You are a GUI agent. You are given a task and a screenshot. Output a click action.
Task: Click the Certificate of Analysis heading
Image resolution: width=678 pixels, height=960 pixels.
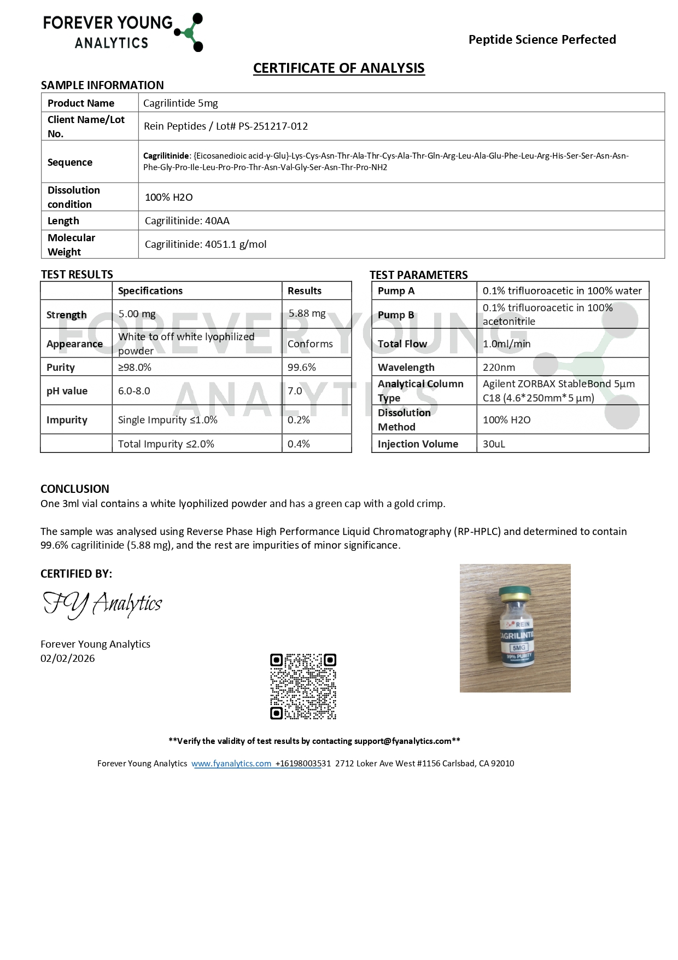[338, 68]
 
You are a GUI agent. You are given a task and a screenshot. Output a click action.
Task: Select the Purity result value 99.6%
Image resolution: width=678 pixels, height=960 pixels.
[302, 368]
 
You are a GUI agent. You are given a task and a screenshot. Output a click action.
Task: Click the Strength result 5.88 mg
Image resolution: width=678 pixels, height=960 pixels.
[307, 313]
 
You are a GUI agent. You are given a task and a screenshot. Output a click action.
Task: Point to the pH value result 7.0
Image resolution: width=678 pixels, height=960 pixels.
[295, 391]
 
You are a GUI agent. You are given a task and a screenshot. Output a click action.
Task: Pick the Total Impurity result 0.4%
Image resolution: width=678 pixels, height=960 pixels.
[299, 444]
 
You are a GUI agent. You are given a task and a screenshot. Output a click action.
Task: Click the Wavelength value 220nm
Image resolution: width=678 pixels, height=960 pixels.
[499, 368]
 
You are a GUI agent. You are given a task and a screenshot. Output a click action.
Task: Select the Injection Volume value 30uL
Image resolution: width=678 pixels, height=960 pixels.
[494, 444]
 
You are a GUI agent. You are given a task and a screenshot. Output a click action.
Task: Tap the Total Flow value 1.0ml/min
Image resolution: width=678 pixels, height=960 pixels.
[506, 344]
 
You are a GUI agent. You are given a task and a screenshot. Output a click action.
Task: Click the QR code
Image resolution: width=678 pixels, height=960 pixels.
[303, 686]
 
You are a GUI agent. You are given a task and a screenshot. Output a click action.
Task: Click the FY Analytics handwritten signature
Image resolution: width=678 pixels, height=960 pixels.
[102, 604]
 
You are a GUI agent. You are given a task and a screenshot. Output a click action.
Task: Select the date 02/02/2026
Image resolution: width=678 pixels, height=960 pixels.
[68, 659]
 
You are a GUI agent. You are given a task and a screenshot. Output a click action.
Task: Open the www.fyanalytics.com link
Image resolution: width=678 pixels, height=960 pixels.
[231, 764]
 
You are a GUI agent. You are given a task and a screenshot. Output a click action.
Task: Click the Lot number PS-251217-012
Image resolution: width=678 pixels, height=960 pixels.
[273, 126]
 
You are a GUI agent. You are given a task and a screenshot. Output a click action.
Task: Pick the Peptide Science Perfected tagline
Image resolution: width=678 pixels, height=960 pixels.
[542, 39]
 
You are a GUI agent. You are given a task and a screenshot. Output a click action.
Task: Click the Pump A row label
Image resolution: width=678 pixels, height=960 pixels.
[396, 291]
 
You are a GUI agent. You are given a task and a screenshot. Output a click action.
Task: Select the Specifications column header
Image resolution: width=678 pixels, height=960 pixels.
[150, 291]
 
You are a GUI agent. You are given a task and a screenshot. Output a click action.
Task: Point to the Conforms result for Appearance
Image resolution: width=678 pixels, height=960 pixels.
[310, 344]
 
